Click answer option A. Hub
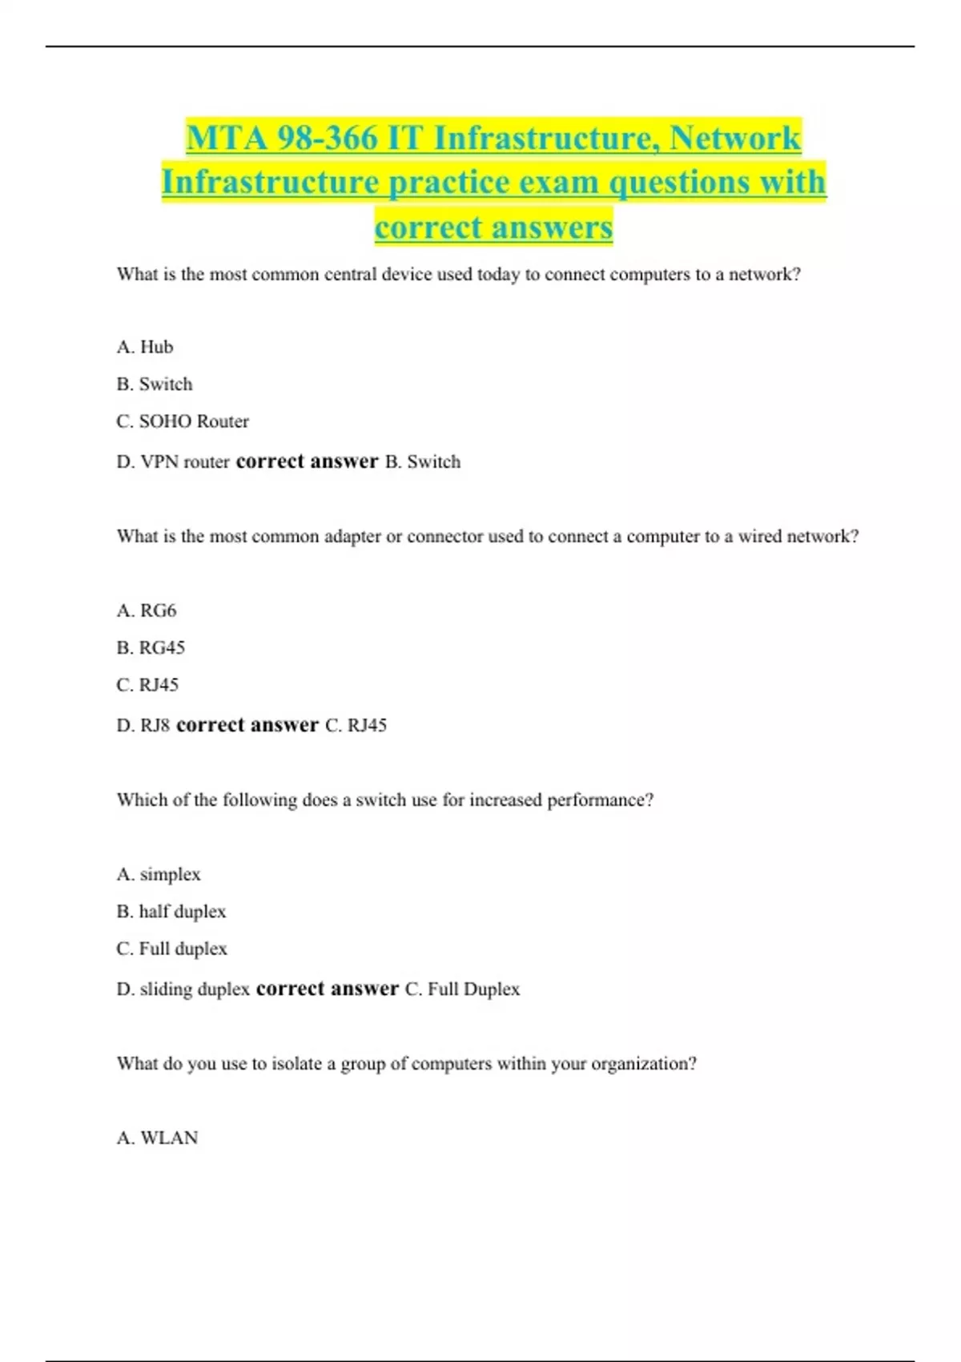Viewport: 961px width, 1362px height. coord(145,347)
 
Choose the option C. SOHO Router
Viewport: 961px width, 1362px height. coord(183,421)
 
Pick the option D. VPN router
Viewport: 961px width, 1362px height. coord(173,462)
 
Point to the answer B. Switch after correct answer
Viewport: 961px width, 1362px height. coord(423,462)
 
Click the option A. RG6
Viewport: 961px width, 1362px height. coord(147,610)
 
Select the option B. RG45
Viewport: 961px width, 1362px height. coord(151,647)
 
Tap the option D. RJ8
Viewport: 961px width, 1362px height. coord(143,726)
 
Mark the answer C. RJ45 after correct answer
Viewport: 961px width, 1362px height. coord(356,726)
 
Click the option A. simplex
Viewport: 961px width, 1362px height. coord(159,874)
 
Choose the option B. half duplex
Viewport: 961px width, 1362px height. coord(171,912)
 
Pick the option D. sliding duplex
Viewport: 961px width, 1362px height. coord(183,989)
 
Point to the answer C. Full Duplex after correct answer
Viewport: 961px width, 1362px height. coord(462,989)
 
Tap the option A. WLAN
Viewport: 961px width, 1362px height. coord(157,1138)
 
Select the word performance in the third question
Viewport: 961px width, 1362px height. coord(600,800)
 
